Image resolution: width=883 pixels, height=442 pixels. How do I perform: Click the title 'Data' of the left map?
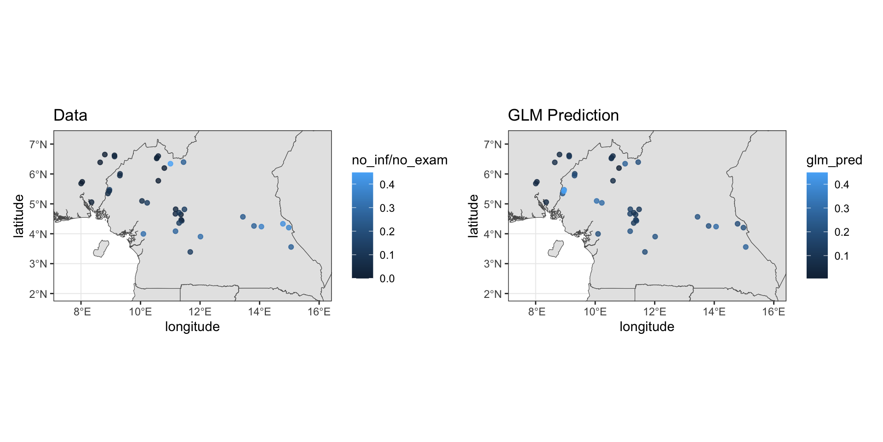click(70, 115)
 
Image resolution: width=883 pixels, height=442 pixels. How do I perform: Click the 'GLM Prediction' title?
click(563, 115)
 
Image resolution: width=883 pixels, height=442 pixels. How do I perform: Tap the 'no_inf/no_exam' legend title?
click(399, 160)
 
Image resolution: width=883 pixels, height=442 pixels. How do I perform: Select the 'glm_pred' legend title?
click(834, 160)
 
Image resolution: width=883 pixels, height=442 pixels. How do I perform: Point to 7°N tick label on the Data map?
click(38, 145)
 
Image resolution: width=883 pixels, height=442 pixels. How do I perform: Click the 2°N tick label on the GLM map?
click(493, 294)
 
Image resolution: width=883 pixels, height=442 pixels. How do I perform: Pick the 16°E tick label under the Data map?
click(319, 312)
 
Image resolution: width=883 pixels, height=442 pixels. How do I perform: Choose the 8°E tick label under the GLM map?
click(536, 312)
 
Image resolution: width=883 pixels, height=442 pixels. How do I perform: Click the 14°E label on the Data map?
click(259, 312)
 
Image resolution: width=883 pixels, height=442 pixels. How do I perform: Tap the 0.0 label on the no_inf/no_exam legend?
click(387, 279)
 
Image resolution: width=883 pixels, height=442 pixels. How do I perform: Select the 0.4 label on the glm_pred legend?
click(842, 185)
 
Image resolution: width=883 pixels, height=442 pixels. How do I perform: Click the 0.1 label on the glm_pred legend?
click(842, 256)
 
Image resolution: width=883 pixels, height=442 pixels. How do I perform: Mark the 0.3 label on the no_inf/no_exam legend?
click(387, 208)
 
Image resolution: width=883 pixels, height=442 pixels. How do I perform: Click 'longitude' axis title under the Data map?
click(192, 327)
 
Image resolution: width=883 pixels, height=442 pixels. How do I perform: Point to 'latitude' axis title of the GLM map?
click(473, 216)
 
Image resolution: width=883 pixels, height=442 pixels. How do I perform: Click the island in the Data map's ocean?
click(101, 249)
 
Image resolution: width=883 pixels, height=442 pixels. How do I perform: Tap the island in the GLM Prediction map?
click(556, 249)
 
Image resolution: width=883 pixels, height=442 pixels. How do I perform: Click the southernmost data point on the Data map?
click(190, 252)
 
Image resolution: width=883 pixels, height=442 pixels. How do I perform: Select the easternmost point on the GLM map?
click(745, 247)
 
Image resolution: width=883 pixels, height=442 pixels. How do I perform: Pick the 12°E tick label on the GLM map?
click(654, 312)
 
